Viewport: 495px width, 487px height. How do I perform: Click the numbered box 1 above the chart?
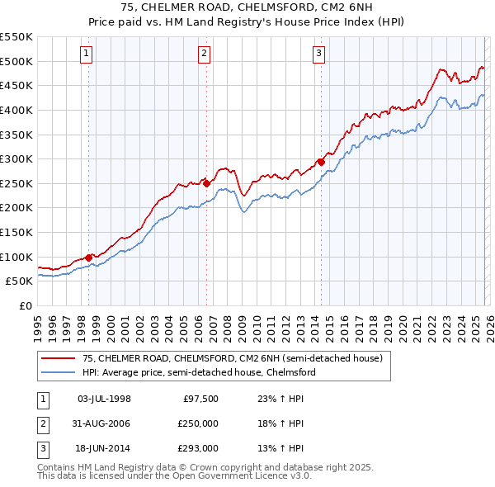pos(87,54)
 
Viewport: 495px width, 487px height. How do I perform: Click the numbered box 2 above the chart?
pos(204,54)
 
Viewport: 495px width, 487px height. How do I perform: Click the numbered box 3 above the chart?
pos(318,54)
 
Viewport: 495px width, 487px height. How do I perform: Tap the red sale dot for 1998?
pos(88,258)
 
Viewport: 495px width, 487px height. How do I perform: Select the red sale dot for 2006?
pos(206,183)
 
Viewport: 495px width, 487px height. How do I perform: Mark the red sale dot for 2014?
pos(320,163)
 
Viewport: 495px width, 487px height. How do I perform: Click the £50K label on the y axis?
pos(20,281)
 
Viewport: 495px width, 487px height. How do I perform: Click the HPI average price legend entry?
pos(199,373)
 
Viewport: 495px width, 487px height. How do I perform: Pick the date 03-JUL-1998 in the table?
pos(104,399)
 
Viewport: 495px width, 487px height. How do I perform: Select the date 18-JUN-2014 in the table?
pos(104,448)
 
